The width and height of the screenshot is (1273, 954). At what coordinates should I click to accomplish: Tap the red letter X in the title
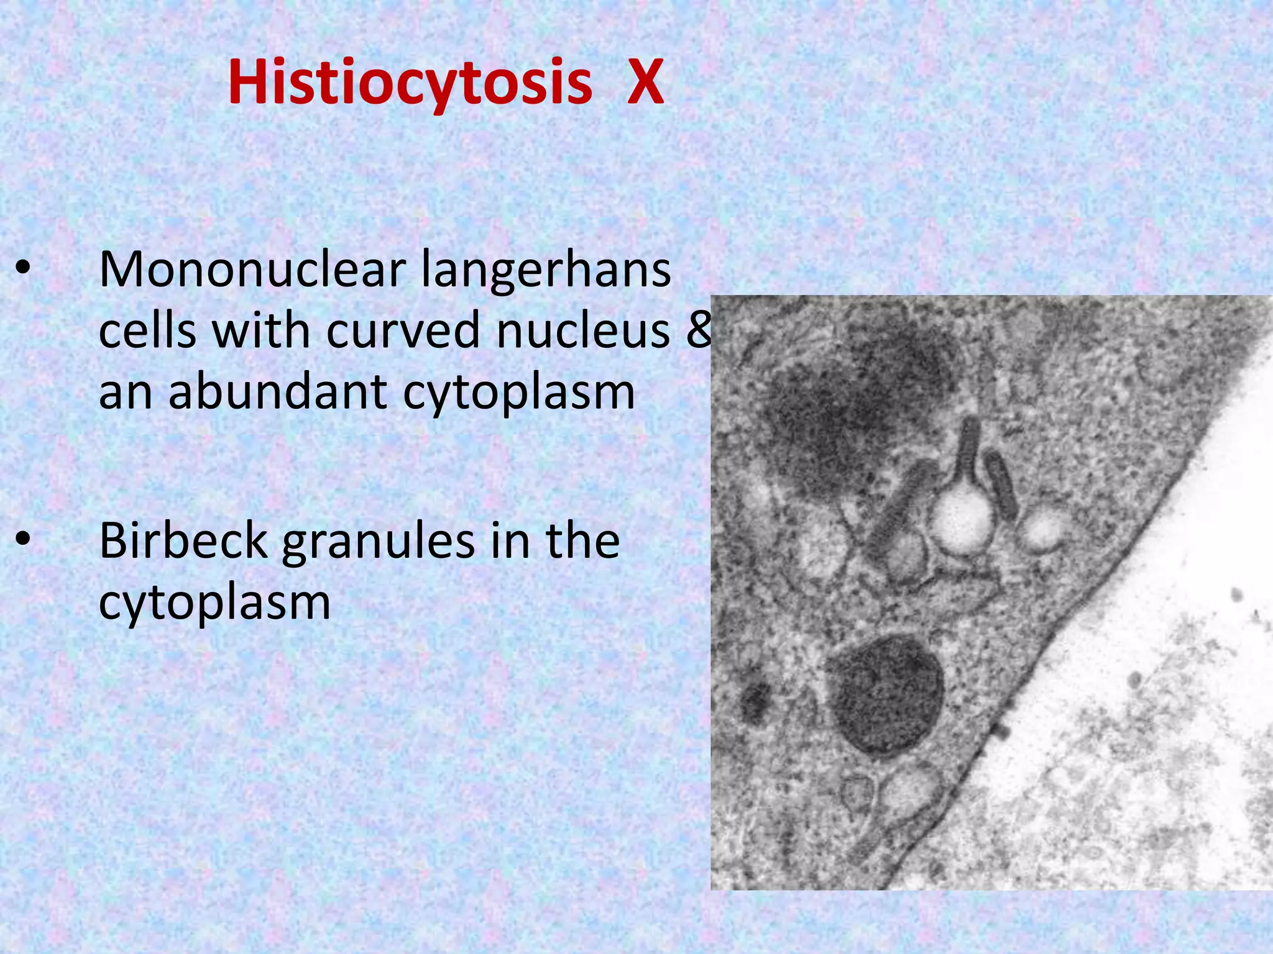645,83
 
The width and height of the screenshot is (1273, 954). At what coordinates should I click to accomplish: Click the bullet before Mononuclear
23,268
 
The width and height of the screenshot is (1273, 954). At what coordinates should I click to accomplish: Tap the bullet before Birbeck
23,538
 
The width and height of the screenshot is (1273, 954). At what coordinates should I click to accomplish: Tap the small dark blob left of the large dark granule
756,702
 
